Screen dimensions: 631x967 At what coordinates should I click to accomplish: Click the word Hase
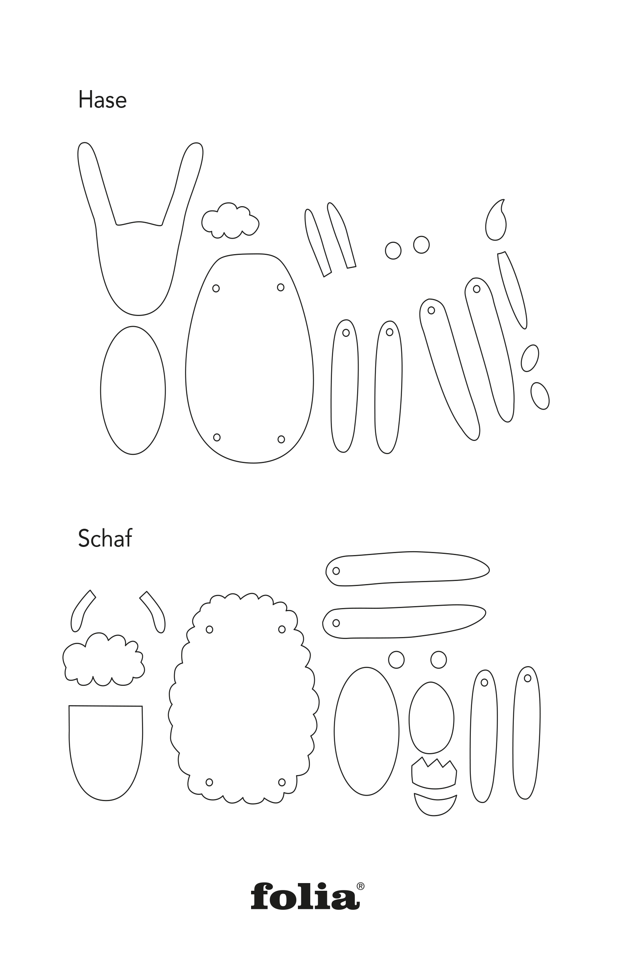tap(103, 99)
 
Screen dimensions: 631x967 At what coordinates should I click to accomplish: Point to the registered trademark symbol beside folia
tap(361, 886)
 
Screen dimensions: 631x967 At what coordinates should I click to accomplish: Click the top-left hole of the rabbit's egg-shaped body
tap(216, 289)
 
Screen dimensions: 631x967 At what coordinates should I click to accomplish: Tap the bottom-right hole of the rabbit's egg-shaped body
tap(281, 439)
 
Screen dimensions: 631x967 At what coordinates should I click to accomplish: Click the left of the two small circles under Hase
tap(393, 250)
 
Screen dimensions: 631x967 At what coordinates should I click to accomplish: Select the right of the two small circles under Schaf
tap(438, 659)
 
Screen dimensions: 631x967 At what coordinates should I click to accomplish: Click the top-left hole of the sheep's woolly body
tap(210, 629)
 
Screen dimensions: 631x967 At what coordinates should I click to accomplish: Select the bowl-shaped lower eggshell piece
tap(435, 805)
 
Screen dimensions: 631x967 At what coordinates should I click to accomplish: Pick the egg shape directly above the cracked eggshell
tap(431, 718)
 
